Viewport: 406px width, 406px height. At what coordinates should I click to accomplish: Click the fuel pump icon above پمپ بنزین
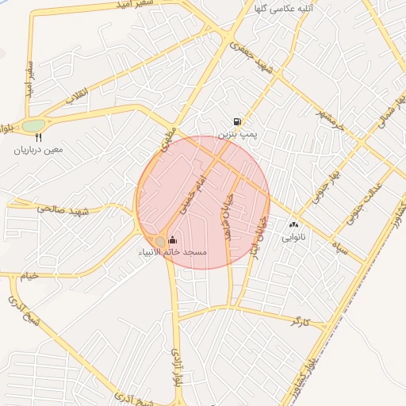(237, 122)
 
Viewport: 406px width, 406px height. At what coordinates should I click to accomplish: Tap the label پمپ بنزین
(238, 135)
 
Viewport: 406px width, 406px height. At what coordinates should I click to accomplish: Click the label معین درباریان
(38, 149)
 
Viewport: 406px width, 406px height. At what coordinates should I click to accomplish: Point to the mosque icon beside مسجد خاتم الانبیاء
(174, 240)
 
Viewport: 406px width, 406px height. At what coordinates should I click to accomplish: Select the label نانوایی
(294, 236)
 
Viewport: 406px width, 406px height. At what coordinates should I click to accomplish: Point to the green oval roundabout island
(33, 125)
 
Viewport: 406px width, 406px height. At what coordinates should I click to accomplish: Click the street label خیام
(29, 274)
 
